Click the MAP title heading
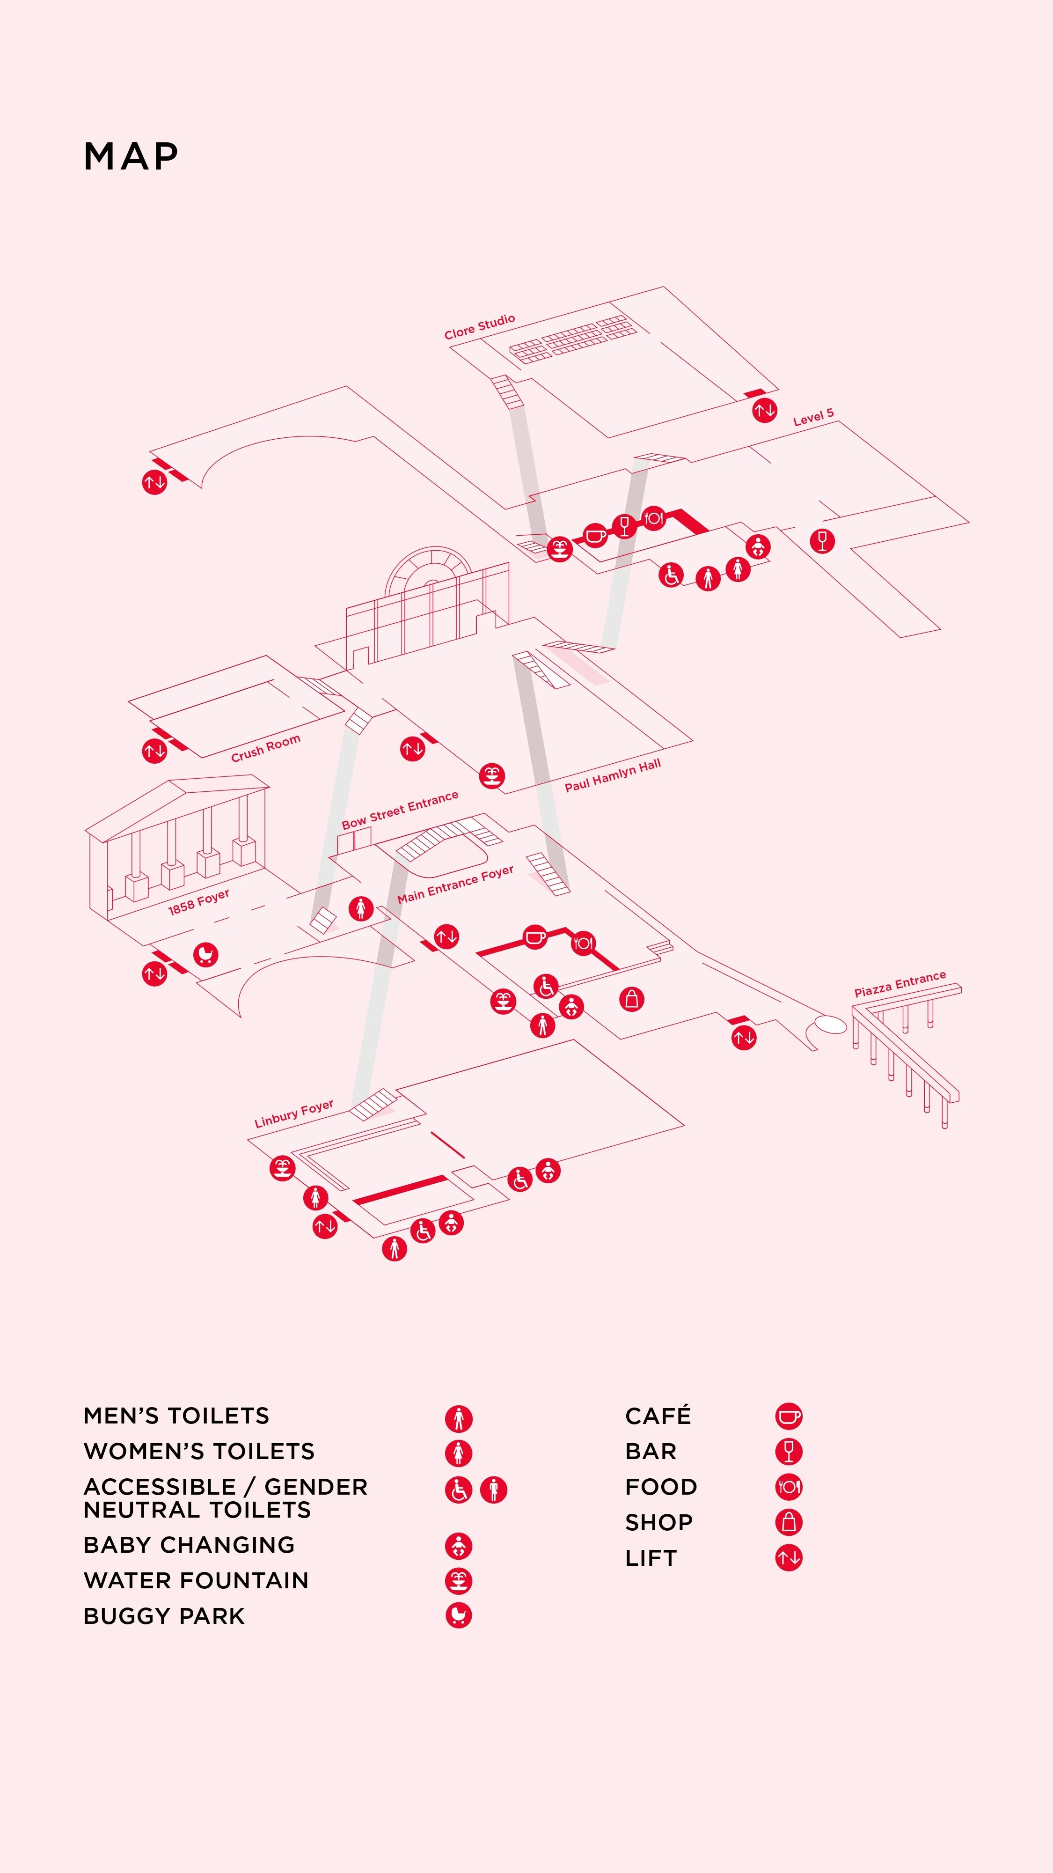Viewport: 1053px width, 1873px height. coord(131,156)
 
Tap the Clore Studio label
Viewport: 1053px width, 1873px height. coord(480,326)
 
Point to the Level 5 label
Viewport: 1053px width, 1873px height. coord(813,417)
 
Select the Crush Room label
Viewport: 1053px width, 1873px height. coord(265,748)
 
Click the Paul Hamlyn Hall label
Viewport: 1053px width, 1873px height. coord(613,775)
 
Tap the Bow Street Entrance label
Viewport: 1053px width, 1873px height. coord(400,809)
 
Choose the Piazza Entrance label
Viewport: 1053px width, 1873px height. coord(899,984)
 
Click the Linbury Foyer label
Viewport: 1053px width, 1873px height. coord(293,1113)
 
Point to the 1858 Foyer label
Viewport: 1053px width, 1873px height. coord(198,901)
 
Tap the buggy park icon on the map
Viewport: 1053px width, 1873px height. coord(205,954)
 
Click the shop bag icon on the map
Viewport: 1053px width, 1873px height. coord(631,999)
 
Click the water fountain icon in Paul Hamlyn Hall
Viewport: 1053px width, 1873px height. coord(492,775)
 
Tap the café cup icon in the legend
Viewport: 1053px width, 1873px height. coord(789,1416)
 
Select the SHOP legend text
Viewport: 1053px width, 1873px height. coord(658,1522)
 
